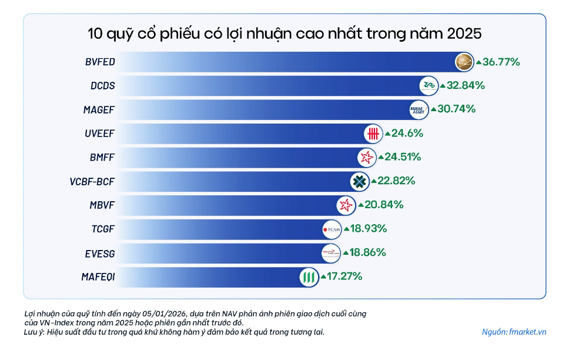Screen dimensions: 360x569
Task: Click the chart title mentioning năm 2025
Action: (284, 34)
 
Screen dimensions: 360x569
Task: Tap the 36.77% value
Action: (501, 62)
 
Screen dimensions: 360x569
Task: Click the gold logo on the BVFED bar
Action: (465, 62)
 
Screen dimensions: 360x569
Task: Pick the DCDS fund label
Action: (103, 86)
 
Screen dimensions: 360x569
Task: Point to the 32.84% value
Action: (466, 85)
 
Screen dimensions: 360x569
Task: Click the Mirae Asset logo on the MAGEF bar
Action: (419, 109)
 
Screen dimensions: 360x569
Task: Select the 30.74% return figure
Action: (456, 109)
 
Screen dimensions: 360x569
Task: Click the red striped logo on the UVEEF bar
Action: (373, 134)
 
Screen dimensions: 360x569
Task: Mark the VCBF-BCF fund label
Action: (92, 181)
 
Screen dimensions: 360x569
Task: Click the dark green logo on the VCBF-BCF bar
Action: (359, 181)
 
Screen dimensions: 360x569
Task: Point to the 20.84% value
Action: (384, 205)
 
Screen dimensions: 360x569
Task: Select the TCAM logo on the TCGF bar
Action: (332, 229)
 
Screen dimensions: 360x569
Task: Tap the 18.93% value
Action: (369, 229)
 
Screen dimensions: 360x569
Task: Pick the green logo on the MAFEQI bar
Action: (307, 276)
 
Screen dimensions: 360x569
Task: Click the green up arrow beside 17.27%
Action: (323, 276)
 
